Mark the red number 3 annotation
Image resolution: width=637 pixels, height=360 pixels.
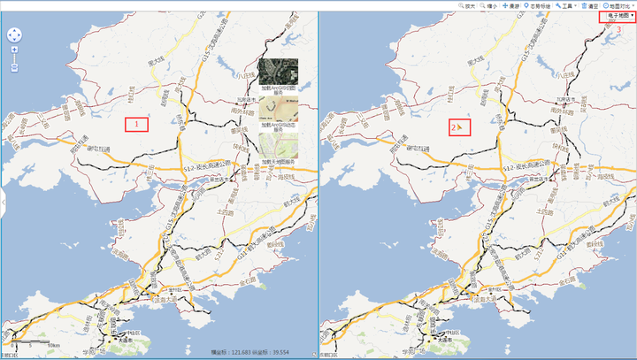(x=618, y=30)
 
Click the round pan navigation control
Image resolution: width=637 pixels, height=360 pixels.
(x=15, y=35)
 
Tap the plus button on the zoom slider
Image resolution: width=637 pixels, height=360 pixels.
(x=15, y=50)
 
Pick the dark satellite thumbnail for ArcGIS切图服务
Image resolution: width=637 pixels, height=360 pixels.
(x=279, y=72)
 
